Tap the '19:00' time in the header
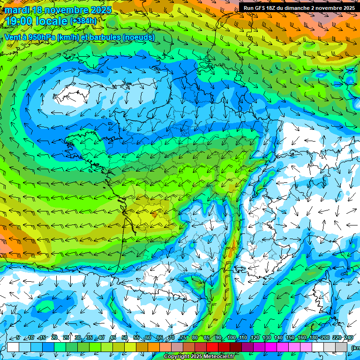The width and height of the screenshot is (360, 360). click(19, 21)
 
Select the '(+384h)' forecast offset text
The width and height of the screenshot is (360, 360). click(83, 21)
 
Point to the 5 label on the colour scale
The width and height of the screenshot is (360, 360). click(18, 337)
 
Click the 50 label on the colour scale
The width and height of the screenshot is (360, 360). click(125, 337)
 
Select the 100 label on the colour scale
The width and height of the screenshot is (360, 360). click(231, 337)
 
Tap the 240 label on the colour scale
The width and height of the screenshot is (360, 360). click(349, 337)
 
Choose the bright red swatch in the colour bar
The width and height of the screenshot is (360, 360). click(212, 347)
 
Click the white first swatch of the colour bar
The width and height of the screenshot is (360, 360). click(13, 347)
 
